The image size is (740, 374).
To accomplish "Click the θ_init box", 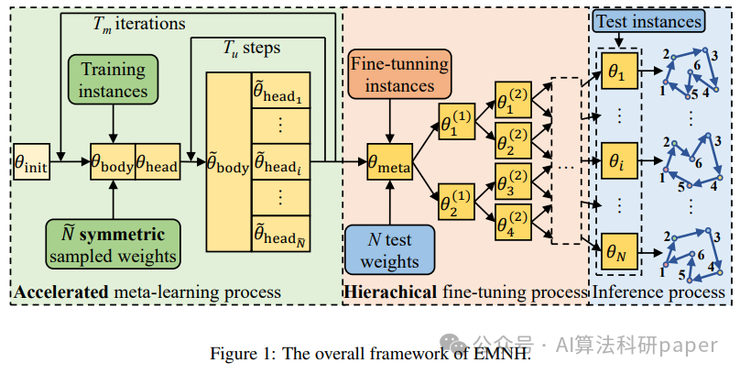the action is [32, 161].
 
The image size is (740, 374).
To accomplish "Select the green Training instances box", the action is [114, 80].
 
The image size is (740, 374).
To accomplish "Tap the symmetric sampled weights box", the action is [114, 244].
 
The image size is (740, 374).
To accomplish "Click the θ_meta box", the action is [390, 161].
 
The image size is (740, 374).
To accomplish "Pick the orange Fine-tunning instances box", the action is [399, 74].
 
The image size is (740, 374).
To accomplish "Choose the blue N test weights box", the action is [390, 250].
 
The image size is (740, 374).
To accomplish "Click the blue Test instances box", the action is [649, 22].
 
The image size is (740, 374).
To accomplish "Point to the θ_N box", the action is [620, 251].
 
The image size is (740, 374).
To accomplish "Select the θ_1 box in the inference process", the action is [620, 71].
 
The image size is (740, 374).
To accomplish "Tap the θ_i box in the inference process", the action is [620, 161].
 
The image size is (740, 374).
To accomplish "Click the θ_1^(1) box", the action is [456, 121].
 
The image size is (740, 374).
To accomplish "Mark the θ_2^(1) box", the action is [456, 202].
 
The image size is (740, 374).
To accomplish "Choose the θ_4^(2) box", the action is [513, 222].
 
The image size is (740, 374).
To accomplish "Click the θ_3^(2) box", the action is [513, 181].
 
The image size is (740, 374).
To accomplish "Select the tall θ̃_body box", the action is [229, 162].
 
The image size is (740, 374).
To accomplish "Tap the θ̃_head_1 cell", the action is [281, 90].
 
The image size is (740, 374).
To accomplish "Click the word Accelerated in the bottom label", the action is [61, 291].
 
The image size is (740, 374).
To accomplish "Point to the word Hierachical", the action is [390, 291].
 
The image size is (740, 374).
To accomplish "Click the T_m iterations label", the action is [139, 24].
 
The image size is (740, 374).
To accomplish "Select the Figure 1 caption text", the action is [370, 353].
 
